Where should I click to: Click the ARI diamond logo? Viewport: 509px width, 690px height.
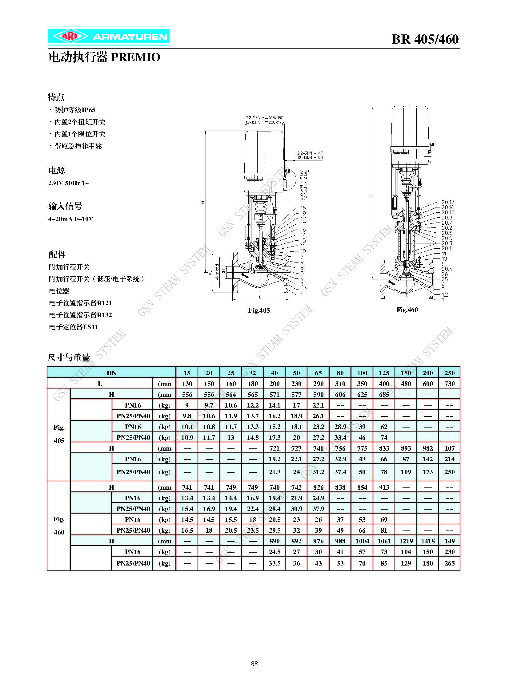coord(70,37)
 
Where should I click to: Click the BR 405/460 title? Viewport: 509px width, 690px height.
coord(425,39)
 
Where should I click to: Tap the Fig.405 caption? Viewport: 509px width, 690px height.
coord(259,310)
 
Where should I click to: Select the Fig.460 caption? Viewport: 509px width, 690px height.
coord(407,310)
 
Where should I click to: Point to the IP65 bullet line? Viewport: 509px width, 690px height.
coord(72,110)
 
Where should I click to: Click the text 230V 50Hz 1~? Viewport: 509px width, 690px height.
coord(68,183)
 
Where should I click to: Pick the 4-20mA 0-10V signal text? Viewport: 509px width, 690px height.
coord(70,219)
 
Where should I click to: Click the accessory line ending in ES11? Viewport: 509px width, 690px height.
coord(74,327)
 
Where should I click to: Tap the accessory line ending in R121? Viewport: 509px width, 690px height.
coord(80,303)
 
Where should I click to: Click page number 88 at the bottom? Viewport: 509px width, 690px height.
coord(254,664)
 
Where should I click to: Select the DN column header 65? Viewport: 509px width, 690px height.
coord(318,373)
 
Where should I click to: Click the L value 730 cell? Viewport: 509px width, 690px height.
coord(450,384)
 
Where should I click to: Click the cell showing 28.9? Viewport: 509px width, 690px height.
coord(340,427)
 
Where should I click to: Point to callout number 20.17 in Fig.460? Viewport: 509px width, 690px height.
coord(448,202)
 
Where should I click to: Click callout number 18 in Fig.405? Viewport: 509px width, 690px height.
coord(303,208)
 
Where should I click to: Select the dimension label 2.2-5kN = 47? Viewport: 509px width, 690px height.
coord(310,153)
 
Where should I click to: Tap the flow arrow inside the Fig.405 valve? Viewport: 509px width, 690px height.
coord(246,275)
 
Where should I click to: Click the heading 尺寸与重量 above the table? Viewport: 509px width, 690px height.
coord(69,358)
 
